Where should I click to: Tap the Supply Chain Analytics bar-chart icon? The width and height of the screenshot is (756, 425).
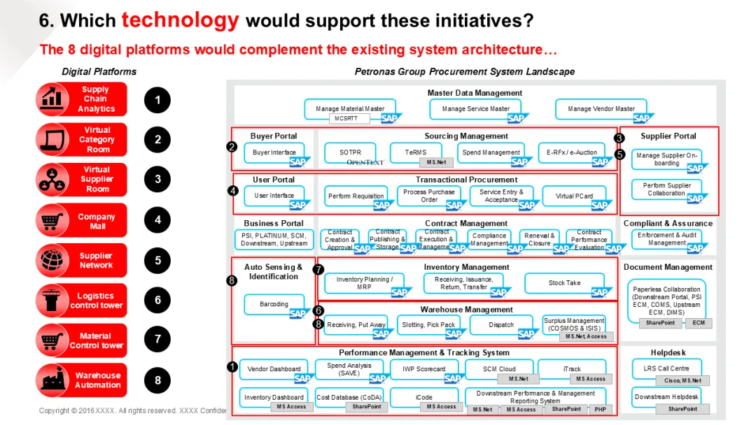click(51, 99)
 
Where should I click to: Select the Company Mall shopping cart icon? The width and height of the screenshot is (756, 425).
click(51, 220)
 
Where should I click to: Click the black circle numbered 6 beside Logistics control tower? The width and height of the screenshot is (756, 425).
click(157, 300)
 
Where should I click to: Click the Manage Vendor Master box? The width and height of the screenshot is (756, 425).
click(601, 109)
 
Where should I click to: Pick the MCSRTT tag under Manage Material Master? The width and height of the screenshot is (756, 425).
click(349, 118)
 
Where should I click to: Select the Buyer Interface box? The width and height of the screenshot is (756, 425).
click(274, 152)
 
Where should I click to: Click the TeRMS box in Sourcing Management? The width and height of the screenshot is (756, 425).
click(415, 152)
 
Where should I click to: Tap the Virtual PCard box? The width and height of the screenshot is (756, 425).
click(574, 196)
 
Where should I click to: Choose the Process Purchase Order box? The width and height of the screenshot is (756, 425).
click(429, 196)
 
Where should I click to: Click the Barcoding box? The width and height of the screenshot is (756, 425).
click(274, 305)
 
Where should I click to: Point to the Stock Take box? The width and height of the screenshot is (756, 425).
click(564, 283)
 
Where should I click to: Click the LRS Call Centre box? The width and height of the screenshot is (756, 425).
click(666, 368)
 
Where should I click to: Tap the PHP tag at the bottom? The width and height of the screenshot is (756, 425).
click(601, 409)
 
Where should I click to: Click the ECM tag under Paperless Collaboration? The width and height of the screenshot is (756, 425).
click(698, 323)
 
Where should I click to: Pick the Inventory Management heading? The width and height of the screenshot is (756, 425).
click(466, 267)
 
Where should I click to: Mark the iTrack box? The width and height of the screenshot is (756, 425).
click(572, 369)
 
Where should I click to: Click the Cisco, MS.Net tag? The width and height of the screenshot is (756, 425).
click(682, 380)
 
